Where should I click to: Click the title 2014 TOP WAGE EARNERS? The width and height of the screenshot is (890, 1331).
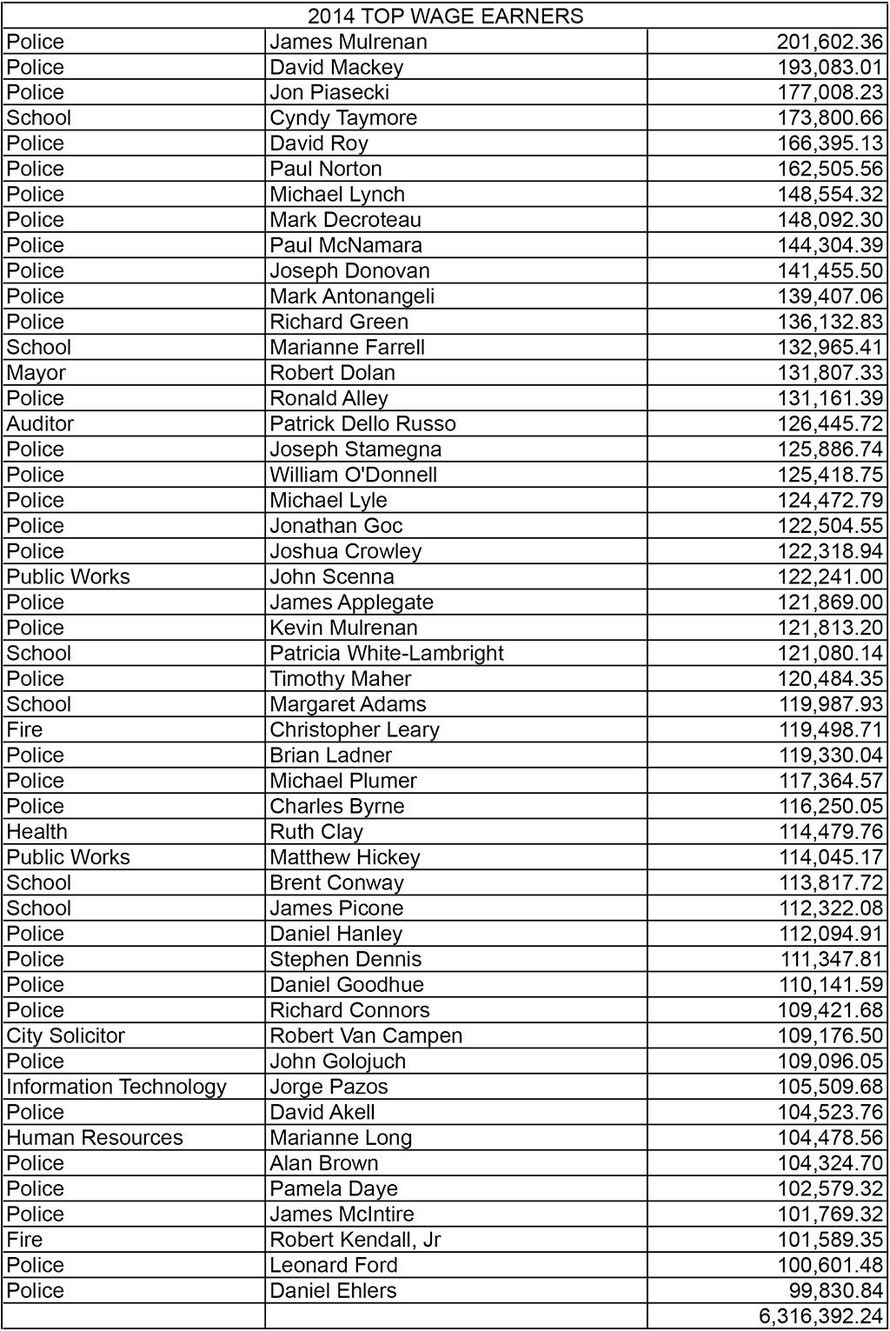[445, 16]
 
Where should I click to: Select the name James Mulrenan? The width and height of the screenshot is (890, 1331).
[348, 42]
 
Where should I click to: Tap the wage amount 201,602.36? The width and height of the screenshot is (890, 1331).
[829, 42]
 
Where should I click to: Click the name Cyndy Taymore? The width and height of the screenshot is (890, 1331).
[343, 118]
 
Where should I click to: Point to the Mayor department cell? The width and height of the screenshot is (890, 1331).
[37, 373]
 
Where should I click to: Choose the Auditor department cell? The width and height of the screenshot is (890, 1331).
[40, 424]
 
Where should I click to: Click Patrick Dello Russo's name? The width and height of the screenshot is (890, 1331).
[362, 424]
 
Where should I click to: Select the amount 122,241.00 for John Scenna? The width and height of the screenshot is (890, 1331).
[829, 577]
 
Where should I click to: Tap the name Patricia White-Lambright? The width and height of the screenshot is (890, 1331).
[387, 654]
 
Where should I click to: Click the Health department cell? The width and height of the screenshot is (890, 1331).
[37, 832]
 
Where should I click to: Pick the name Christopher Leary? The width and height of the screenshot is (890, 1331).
[355, 730]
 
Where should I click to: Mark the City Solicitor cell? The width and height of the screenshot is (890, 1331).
[66, 1036]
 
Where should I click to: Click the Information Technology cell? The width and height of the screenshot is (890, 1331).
[116, 1087]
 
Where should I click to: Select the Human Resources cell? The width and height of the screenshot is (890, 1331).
[95, 1138]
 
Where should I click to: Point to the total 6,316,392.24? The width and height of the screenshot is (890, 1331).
[820, 1317]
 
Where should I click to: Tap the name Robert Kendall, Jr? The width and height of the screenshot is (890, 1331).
[355, 1240]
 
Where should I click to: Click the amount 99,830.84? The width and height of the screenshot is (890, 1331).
[834, 1291]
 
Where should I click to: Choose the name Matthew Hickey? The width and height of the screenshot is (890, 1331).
[345, 858]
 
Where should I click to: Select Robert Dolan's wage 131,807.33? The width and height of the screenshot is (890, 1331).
[829, 373]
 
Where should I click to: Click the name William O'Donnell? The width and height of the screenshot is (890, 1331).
[354, 476]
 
